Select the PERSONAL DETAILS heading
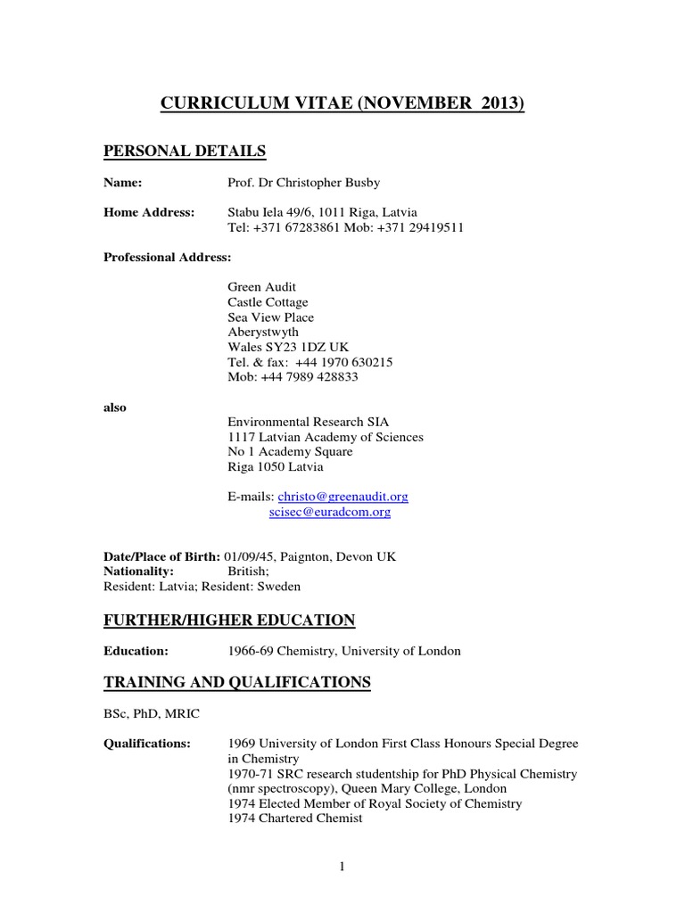[185, 151]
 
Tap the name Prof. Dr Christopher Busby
[304, 183]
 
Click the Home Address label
[149, 212]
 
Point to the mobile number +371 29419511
[425, 227]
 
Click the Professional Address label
[168, 257]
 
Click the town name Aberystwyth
[263, 333]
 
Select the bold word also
[115, 407]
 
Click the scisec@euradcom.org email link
[329, 512]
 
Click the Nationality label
[139, 572]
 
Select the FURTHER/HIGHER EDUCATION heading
[229, 620]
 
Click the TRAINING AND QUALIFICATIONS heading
[237, 682]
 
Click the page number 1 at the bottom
[342, 867]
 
